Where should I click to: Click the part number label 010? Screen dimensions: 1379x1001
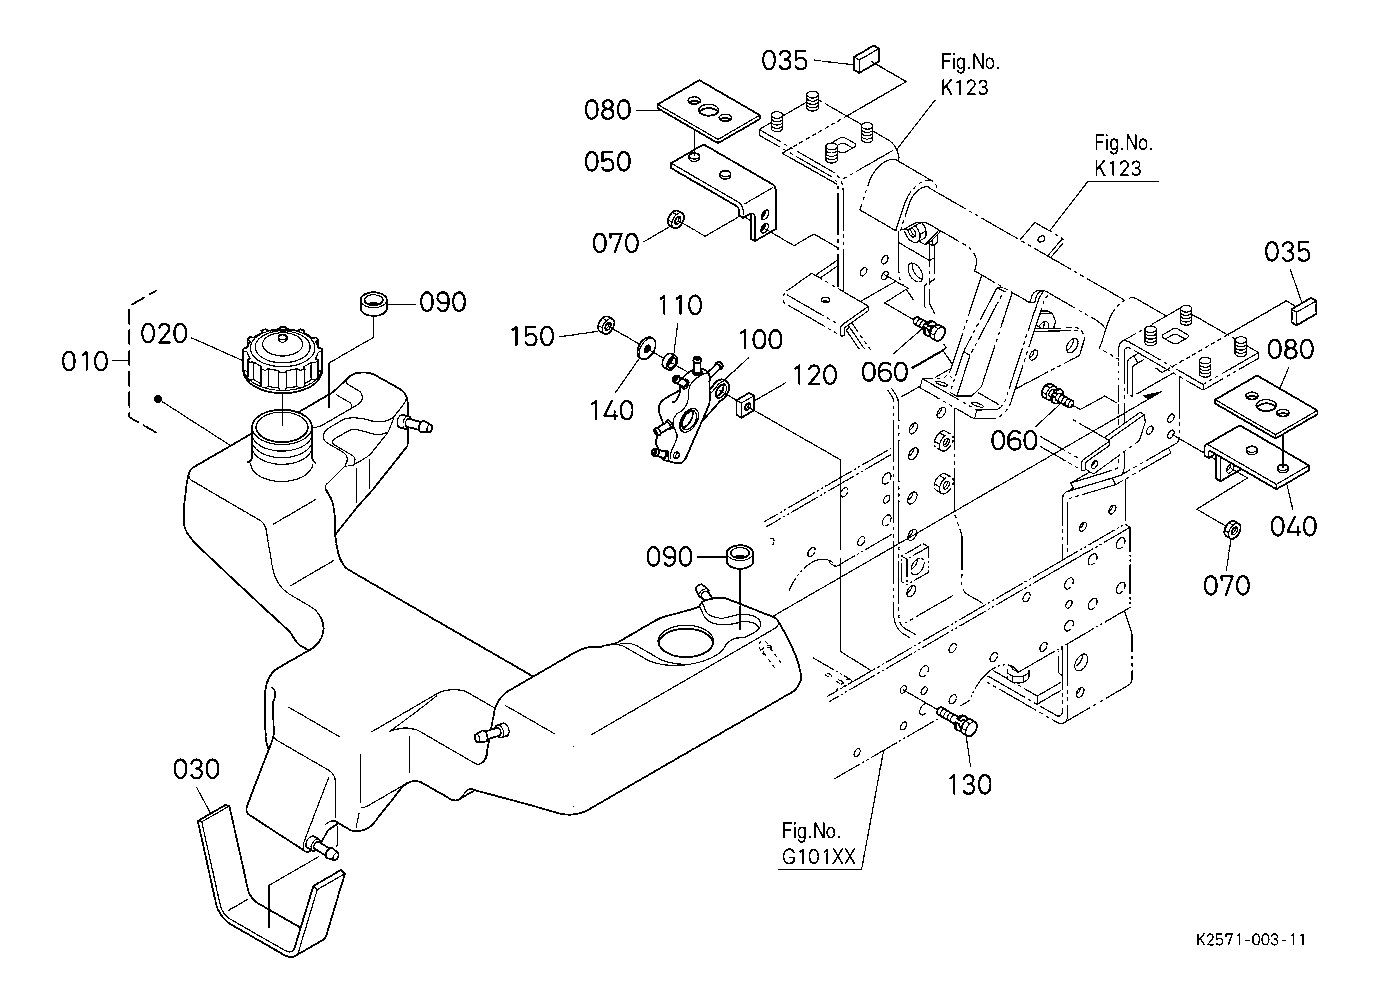pyautogui.click(x=85, y=361)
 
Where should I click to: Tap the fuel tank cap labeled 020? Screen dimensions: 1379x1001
pyautogui.click(x=283, y=360)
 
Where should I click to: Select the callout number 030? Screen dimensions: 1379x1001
pyautogui.click(x=196, y=769)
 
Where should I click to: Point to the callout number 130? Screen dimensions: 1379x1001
pyautogui.click(x=969, y=785)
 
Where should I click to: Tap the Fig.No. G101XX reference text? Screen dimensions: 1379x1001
pyautogui.click(x=818, y=843)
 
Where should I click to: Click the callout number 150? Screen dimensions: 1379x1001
pyautogui.click(x=532, y=337)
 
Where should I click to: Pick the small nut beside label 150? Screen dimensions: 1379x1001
pyautogui.click(x=606, y=324)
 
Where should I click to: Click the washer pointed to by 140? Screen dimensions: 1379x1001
pyautogui.click(x=646, y=347)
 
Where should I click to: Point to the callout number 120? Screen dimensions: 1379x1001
pyautogui.click(x=814, y=376)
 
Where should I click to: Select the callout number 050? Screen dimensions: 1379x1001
pyautogui.click(x=608, y=162)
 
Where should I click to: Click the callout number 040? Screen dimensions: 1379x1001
pyautogui.click(x=1293, y=526)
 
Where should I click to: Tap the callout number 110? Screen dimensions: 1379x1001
pyautogui.click(x=680, y=305)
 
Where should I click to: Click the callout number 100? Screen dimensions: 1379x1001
pyautogui.click(x=760, y=340)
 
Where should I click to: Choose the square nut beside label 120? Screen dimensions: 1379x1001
pyautogui.click(x=746, y=406)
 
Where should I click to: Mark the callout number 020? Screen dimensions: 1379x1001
pyautogui.click(x=164, y=334)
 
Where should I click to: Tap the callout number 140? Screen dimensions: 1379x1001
pyautogui.click(x=612, y=410)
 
